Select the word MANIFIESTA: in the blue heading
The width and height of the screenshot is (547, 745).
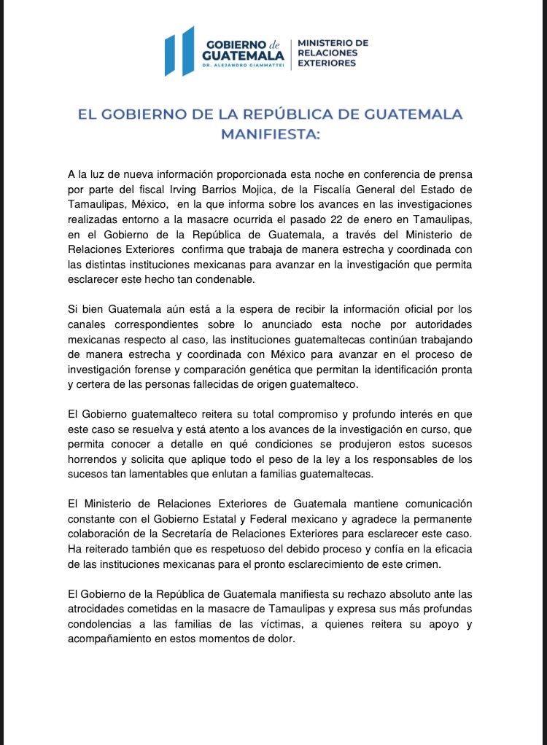270,134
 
